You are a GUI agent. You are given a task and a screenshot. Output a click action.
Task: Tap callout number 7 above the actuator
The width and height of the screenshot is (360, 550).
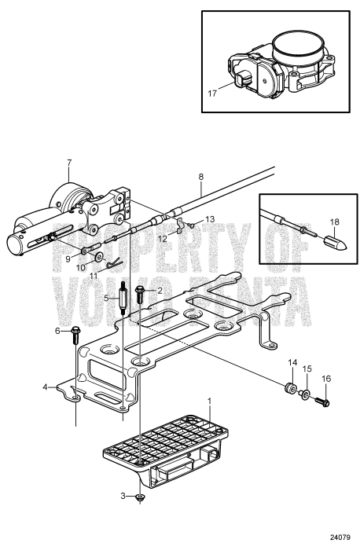[68, 163]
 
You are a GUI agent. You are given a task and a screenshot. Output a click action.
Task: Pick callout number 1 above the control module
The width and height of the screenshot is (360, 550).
[208, 401]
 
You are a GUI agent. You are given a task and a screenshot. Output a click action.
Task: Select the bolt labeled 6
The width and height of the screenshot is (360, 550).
[75, 335]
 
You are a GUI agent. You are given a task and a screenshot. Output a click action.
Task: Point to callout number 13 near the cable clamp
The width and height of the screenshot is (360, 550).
[209, 220]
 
